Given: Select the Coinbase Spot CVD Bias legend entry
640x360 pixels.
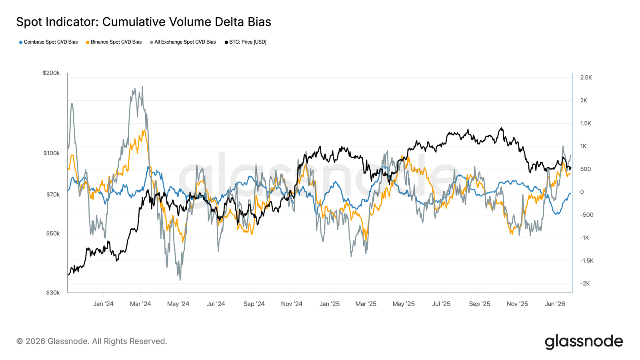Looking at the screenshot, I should tap(48, 42).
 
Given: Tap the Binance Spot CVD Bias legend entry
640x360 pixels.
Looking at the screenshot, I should tap(114, 42).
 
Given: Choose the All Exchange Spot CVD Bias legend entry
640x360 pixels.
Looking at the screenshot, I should tap(183, 42).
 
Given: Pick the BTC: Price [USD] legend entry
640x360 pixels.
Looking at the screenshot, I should tap(245, 42).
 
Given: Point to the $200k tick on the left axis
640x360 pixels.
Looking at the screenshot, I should tap(51, 73).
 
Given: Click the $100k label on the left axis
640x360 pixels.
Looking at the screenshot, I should tap(51, 153).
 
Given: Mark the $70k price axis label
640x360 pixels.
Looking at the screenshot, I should tap(53, 195).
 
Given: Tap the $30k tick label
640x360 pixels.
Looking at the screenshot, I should tap(53, 293).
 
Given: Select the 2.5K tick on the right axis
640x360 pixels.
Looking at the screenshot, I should tap(586, 78).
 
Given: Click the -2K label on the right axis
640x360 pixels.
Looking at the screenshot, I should tap(585, 284).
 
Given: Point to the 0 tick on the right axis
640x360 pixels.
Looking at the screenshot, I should tap(582, 192).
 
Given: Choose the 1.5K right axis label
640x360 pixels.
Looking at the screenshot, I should tap(586, 124).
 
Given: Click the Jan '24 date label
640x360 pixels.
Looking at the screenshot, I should tap(103, 304).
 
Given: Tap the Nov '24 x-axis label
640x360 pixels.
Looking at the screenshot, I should tap(292, 304).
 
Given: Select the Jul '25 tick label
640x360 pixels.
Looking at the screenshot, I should tap(441, 304).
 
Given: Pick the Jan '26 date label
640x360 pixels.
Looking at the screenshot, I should tap(555, 304).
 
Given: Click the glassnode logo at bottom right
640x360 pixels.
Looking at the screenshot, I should tap(584, 342).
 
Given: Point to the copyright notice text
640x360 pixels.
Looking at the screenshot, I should tap(92, 341).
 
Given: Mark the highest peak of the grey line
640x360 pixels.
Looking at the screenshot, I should tap(142, 87).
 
